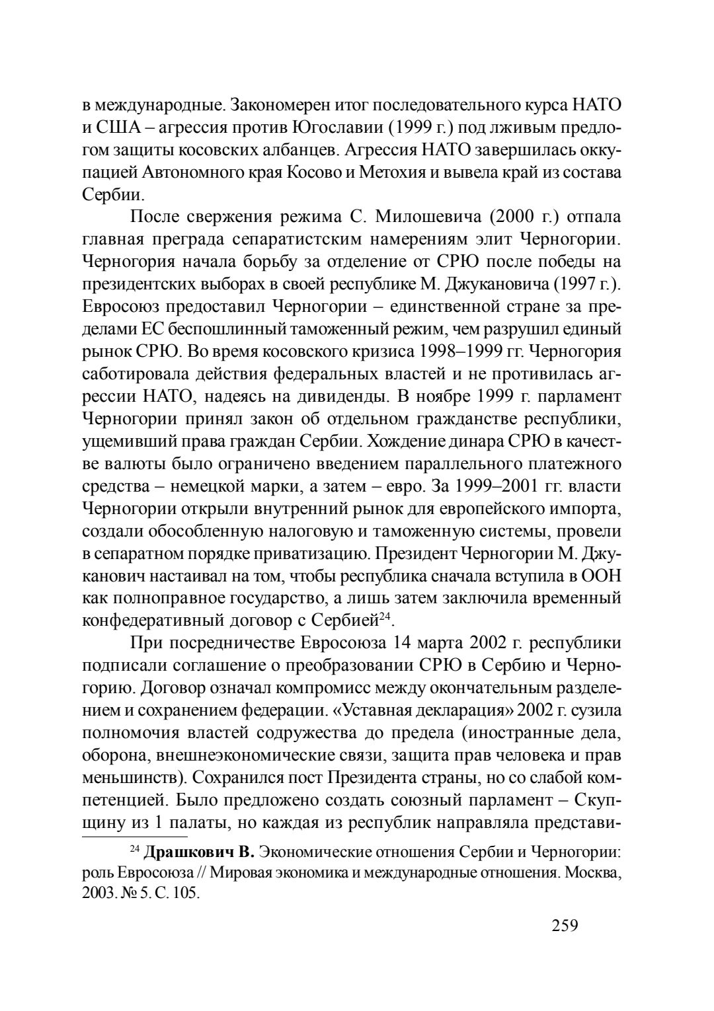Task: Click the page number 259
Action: pos(565,925)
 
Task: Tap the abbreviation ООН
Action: pos(600,577)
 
